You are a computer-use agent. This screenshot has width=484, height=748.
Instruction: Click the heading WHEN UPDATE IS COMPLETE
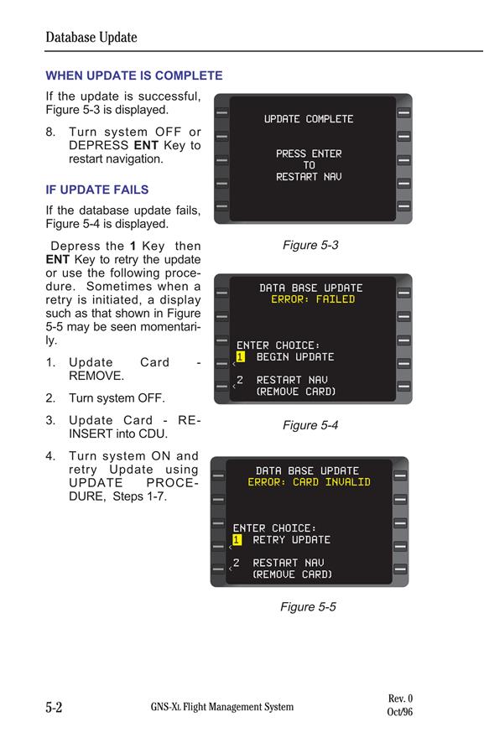pyautogui.click(x=134, y=75)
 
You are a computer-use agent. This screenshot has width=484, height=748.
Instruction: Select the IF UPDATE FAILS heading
pyautogui.click(x=97, y=190)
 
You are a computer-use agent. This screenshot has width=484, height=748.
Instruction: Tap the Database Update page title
pyautogui.click(x=91, y=37)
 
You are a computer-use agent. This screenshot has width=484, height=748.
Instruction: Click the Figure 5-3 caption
pyautogui.click(x=310, y=245)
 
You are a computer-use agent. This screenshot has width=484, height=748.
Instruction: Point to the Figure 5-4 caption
pyautogui.click(x=310, y=424)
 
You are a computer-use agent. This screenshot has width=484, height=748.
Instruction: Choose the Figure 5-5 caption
pyautogui.click(x=308, y=606)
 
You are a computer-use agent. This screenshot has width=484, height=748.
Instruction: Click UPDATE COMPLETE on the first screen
pyautogui.click(x=309, y=119)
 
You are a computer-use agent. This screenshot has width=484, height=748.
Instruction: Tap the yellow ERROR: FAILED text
pyautogui.click(x=313, y=299)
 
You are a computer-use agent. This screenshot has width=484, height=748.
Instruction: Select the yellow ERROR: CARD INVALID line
pyautogui.click(x=309, y=482)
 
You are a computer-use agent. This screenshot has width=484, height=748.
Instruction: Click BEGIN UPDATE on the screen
pyautogui.click(x=295, y=357)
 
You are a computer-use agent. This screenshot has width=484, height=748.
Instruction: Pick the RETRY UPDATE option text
pyautogui.click(x=291, y=539)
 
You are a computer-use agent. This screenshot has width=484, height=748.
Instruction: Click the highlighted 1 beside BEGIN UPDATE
pyautogui.click(x=240, y=357)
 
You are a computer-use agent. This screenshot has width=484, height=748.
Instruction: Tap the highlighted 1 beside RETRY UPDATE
pyautogui.click(x=237, y=539)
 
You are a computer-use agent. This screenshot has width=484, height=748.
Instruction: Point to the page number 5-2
pyautogui.click(x=54, y=707)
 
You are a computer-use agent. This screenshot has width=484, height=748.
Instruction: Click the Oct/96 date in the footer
pyautogui.click(x=399, y=712)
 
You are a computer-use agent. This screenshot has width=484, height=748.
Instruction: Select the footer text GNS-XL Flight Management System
pyautogui.click(x=222, y=707)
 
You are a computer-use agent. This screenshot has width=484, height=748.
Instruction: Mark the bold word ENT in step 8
pyautogui.click(x=146, y=146)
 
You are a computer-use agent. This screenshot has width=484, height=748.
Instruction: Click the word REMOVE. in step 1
pyautogui.click(x=96, y=376)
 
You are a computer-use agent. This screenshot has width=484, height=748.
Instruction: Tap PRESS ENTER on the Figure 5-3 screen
pyautogui.click(x=309, y=153)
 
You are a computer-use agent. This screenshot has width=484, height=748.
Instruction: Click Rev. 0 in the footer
pyautogui.click(x=400, y=699)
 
